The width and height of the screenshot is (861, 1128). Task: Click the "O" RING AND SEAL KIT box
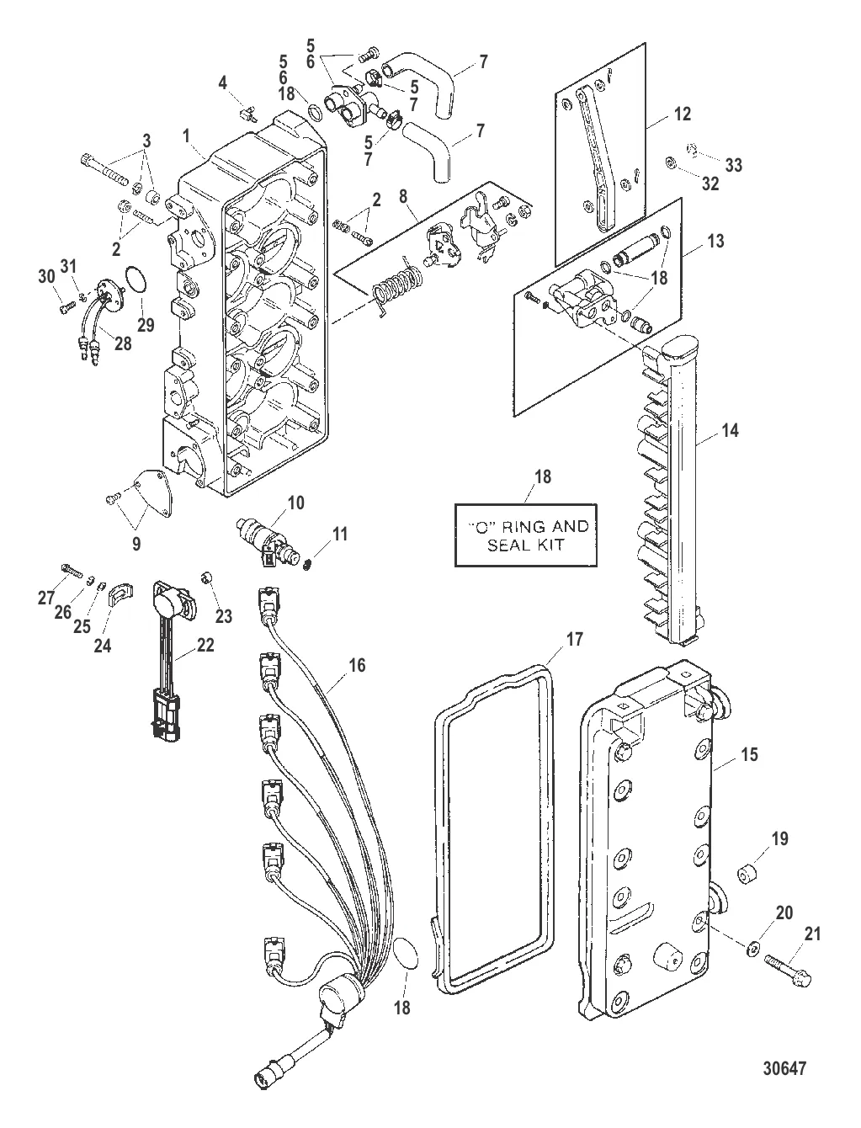[x=525, y=535]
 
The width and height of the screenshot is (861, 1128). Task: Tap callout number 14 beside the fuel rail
[x=730, y=430]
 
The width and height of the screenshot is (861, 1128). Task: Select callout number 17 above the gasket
[x=574, y=639]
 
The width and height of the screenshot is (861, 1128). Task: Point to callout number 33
[x=734, y=165]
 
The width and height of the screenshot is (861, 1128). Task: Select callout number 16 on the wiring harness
[x=357, y=665]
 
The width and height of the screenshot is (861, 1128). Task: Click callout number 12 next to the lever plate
[x=683, y=114]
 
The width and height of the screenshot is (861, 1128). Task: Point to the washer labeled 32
[x=670, y=163]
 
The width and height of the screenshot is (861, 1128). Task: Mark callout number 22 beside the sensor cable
[x=205, y=645]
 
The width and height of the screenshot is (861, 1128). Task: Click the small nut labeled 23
[x=206, y=577]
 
